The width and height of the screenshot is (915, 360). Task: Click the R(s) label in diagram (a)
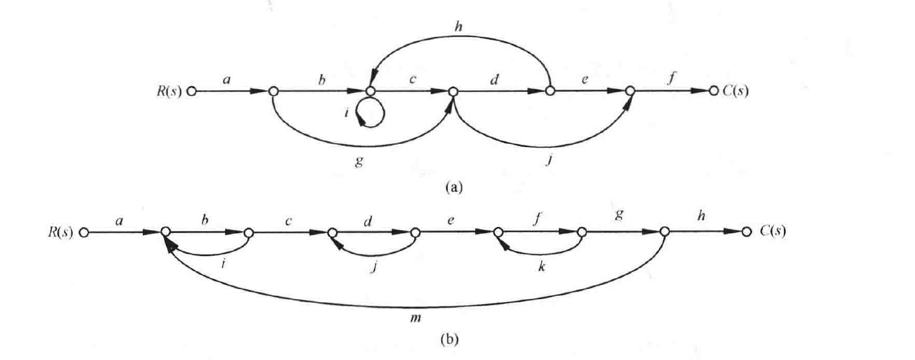169,91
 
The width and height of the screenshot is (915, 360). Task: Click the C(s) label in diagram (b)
772,231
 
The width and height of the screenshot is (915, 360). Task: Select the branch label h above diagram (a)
458,27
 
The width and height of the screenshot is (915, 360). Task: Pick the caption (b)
450,339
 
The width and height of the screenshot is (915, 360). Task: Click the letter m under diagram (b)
415,318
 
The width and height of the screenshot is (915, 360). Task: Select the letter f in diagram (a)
670,77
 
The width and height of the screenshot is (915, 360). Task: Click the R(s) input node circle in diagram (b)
84,232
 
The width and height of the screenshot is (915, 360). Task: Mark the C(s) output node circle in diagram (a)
713,91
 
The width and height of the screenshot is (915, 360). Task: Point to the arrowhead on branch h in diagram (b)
732,231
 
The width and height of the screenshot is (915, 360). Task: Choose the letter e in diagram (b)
451,221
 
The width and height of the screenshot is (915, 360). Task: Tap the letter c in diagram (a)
412,79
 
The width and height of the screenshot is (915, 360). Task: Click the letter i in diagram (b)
223,263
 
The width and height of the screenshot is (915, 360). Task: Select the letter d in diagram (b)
368,221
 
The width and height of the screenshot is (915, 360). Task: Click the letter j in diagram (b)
373,268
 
